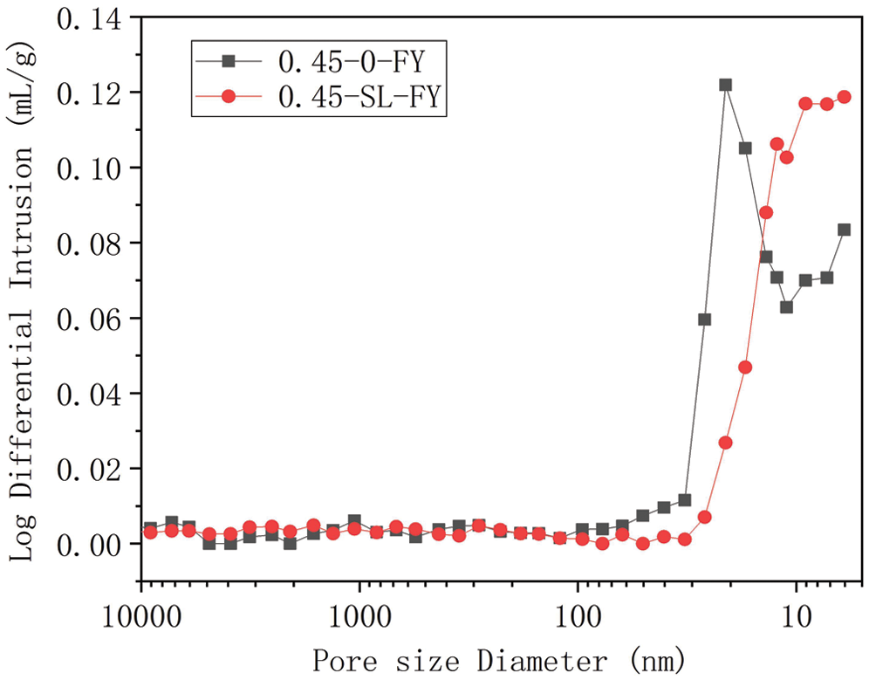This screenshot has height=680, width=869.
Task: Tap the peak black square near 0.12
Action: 725,85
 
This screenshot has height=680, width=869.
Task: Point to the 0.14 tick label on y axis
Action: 92,18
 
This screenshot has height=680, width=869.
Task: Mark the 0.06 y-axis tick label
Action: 92,319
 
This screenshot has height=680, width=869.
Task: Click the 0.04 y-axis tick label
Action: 92,394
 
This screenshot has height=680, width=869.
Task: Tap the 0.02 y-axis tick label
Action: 92,469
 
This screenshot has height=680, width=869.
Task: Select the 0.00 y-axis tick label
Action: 92,544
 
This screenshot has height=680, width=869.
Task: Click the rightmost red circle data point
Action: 844,97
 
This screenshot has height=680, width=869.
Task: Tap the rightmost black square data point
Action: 844,230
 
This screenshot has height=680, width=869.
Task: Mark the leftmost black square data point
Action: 150,528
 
